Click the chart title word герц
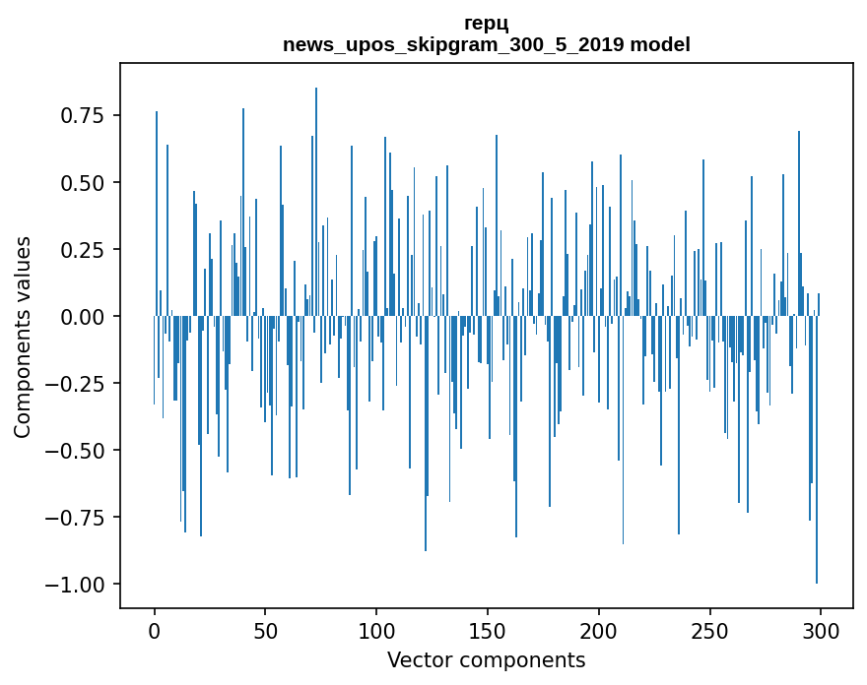(486, 24)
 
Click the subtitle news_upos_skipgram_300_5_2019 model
(486, 44)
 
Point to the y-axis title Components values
(22, 337)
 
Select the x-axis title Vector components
(486, 660)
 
